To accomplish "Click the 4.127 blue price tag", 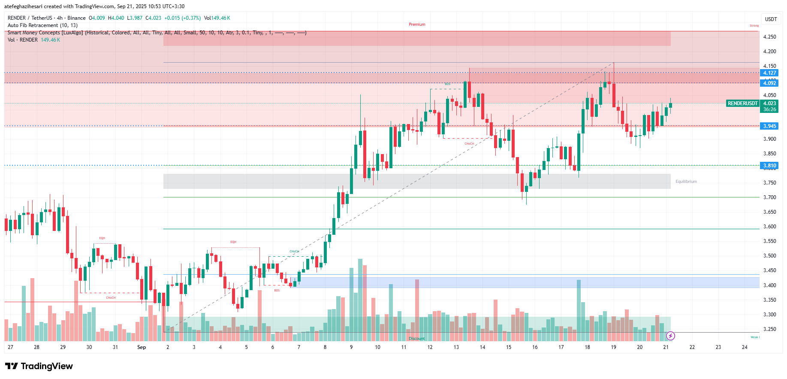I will pyautogui.click(x=769, y=73).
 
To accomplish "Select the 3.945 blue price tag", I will pyautogui.click(x=769, y=126).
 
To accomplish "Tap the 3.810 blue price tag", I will pyautogui.click(x=769, y=166).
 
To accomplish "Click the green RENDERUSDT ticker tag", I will pyautogui.click(x=742, y=103).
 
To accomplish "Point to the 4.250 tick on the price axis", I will pyautogui.click(x=769, y=37).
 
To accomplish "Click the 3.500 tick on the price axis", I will pyautogui.click(x=769, y=256).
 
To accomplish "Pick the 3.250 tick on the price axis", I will pyautogui.click(x=769, y=329).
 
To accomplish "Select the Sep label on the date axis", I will pyautogui.click(x=142, y=347).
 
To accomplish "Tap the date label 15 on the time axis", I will pyautogui.click(x=509, y=347).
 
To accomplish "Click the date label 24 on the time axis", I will pyautogui.click(x=745, y=347).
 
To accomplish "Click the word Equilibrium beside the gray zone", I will pyautogui.click(x=686, y=182).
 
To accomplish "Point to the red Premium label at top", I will pyautogui.click(x=417, y=24).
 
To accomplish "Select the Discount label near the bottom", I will pyautogui.click(x=416, y=339).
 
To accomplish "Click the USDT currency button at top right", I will pyautogui.click(x=771, y=19).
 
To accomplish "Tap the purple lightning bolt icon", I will pyautogui.click(x=670, y=336).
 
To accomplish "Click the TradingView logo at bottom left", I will pyautogui.click(x=39, y=366).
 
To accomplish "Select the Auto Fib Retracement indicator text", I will pyautogui.click(x=42, y=25).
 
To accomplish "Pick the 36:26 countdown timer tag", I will pyautogui.click(x=769, y=109).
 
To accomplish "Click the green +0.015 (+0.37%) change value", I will pyautogui.click(x=182, y=18).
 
